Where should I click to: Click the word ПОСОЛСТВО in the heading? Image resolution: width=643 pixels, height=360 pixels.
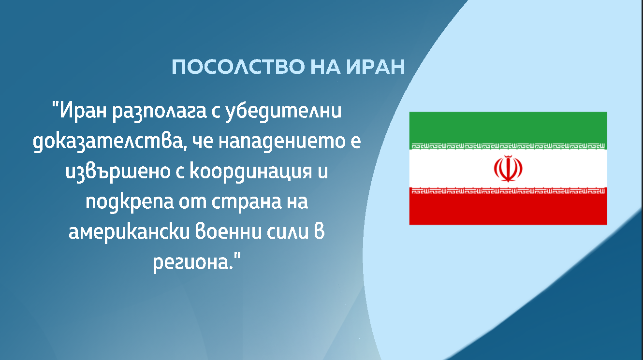tap(238, 67)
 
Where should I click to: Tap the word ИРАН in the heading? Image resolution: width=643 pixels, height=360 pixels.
tap(376, 67)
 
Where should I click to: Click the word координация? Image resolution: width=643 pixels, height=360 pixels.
tap(250, 172)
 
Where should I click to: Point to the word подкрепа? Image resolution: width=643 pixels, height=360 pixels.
tap(130, 202)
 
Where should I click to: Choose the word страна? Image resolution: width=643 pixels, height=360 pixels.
tap(246, 202)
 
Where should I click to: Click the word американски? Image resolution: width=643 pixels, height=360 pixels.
tap(129, 232)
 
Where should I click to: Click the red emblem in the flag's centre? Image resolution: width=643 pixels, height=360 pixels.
tap(508, 169)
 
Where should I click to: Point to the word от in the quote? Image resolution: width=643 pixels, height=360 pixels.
tap(192, 202)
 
